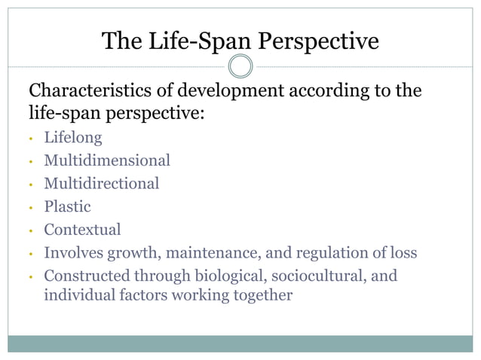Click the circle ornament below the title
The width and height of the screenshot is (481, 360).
[x=240, y=66]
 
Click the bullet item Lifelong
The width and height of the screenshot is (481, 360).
[x=72, y=138]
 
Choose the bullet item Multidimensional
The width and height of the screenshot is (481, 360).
[x=106, y=160]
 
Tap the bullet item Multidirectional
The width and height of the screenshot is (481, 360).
[x=101, y=183]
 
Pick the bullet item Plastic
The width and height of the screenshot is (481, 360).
[x=67, y=206]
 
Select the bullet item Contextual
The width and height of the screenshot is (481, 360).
[x=82, y=229]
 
